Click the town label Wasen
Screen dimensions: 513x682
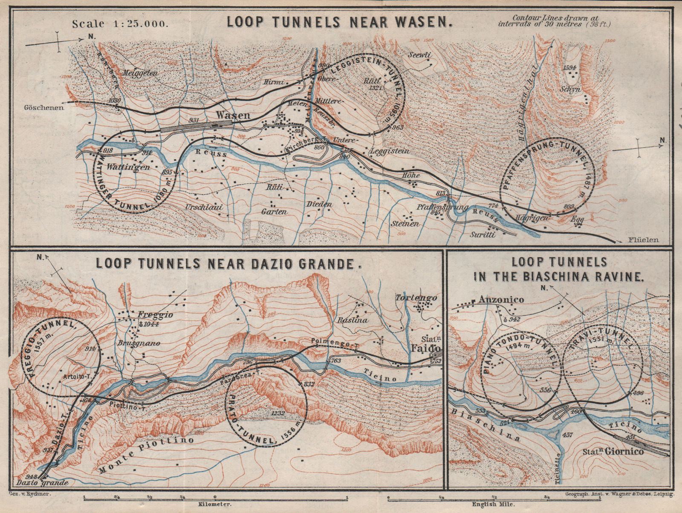(233, 115)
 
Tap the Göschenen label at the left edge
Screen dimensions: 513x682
(43, 107)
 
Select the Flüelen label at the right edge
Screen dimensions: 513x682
(643, 240)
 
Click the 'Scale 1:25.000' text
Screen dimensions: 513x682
(120, 24)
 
